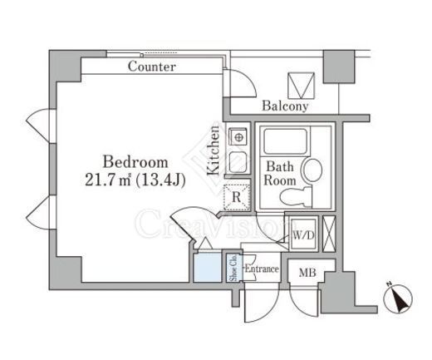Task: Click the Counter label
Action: point(152,67)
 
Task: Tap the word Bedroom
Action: point(135,162)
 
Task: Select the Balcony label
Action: point(285,106)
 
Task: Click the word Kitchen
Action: point(214,150)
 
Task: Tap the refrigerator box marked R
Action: point(237,197)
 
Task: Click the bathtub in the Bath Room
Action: point(286,141)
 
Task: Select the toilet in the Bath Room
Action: point(296,197)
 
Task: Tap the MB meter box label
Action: point(307,273)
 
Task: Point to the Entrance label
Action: point(262,269)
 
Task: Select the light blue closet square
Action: point(208,268)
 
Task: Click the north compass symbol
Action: point(398,298)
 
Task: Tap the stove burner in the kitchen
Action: point(238,137)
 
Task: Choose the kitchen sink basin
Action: point(238,162)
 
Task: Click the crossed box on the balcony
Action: point(302,86)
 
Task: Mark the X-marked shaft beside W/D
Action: point(329,234)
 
